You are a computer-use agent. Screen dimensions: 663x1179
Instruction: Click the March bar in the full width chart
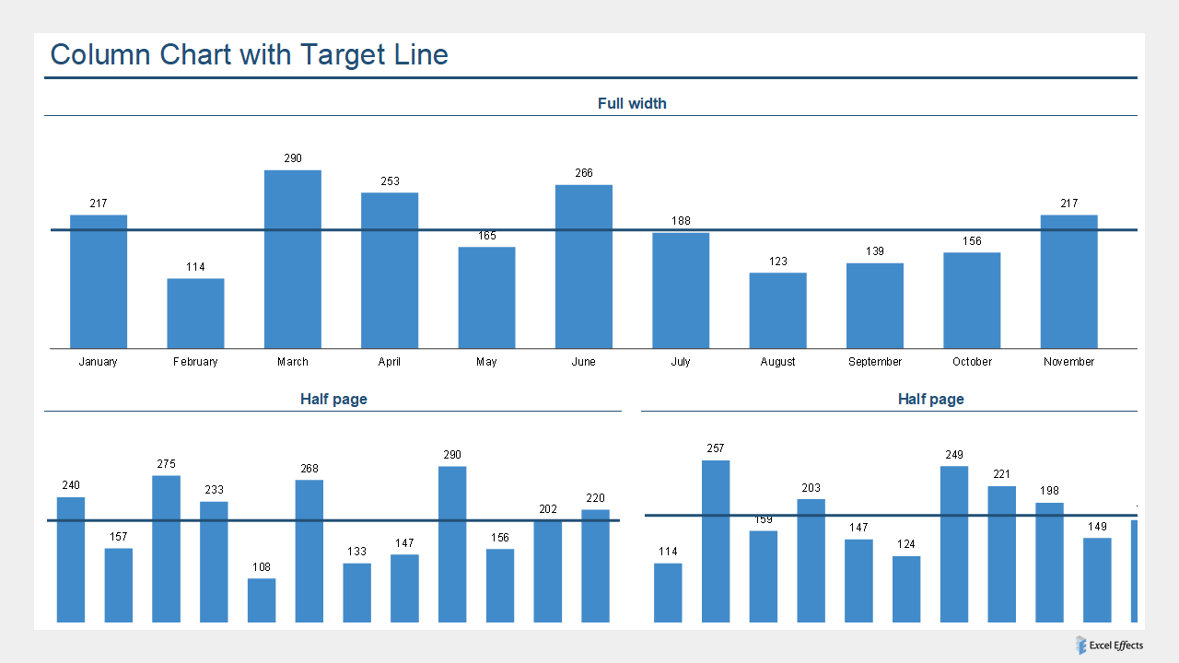(x=293, y=259)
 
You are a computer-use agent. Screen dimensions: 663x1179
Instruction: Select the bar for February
(x=195, y=313)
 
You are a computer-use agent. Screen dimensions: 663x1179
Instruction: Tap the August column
(x=777, y=310)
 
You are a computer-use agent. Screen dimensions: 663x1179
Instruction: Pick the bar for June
(x=583, y=266)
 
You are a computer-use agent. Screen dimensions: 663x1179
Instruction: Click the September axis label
(x=875, y=362)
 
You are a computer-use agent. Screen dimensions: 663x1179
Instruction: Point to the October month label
(x=972, y=362)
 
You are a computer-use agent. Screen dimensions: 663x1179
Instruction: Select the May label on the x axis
(x=486, y=362)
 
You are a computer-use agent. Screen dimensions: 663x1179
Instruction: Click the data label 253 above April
(x=390, y=181)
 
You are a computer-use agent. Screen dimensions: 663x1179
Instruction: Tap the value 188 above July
(x=681, y=221)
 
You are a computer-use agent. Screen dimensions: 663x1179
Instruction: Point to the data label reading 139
(x=875, y=251)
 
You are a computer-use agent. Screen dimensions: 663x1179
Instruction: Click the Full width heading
(x=632, y=104)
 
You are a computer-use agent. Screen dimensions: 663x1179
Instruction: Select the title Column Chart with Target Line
(x=249, y=54)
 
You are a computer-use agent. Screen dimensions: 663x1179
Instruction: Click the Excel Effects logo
(x=1109, y=646)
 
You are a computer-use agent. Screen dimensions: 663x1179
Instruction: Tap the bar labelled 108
(x=262, y=600)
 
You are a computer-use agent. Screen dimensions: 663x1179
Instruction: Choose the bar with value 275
(x=166, y=549)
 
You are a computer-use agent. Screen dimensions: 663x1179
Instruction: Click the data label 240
(x=71, y=485)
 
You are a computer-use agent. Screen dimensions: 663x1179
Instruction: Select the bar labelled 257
(x=716, y=541)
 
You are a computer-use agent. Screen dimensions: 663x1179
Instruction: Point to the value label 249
(x=954, y=455)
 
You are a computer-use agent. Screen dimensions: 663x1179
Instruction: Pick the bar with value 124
(x=906, y=589)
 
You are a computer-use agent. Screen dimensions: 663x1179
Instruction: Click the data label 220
(x=595, y=498)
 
